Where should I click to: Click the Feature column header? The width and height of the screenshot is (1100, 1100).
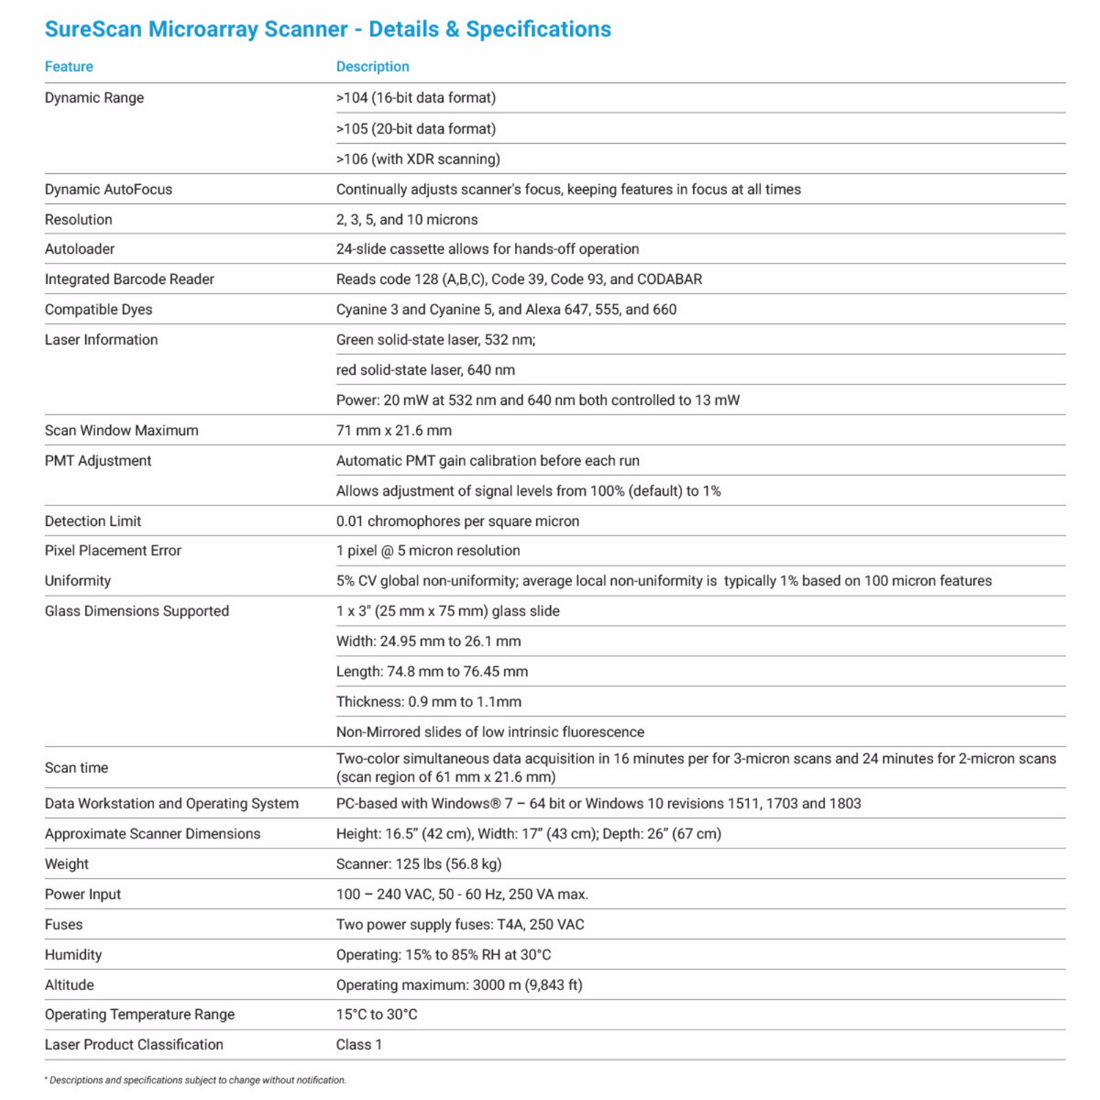[69, 67]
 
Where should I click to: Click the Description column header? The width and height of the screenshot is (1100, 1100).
[372, 67]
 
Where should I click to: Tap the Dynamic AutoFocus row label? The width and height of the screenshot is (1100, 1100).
[109, 189]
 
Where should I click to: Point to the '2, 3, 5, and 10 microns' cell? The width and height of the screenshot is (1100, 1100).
[406, 219]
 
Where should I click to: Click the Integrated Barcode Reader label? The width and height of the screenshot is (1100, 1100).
[129, 279]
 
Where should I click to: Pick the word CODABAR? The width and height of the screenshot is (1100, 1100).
[669, 279]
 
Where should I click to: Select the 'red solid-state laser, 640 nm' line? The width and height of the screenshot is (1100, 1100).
[425, 370]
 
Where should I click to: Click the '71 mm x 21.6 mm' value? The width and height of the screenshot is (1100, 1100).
[393, 430]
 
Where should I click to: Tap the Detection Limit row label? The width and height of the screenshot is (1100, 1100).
[93, 521]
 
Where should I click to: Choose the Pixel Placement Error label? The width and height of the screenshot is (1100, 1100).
[113, 551]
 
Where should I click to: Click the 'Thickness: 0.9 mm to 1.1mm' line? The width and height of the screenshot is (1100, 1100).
[428, 702]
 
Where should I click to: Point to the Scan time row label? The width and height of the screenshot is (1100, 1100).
[76, 768]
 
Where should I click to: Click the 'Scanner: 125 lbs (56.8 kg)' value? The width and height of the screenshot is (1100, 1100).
[419, 864]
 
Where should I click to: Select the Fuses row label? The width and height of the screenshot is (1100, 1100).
[63, 925]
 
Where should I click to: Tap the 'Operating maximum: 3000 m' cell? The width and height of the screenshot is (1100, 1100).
[459, 985]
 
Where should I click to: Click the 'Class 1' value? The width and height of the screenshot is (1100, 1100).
[358, 1045]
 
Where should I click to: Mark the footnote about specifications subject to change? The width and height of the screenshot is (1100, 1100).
[196, 1080]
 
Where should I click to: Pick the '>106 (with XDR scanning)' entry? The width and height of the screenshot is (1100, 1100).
[418, 159]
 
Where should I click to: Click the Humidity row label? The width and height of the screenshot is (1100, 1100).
[73, 955]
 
